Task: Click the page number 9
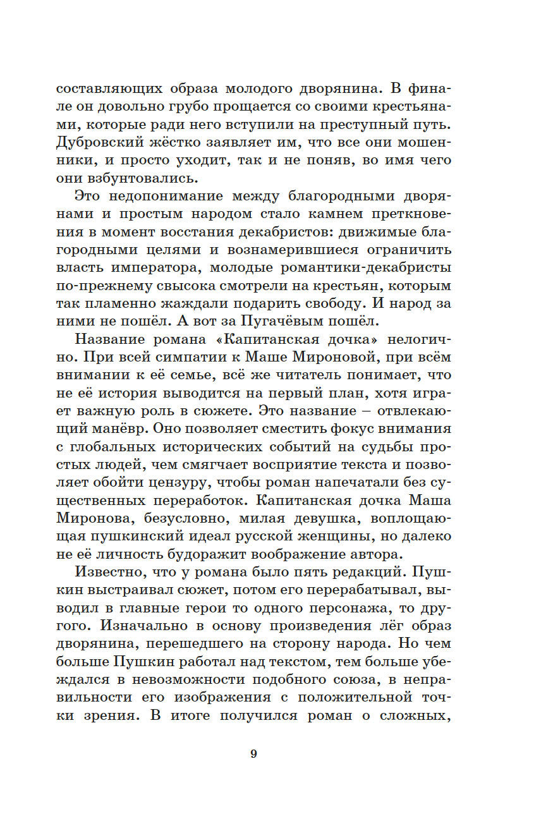pyautogui.click(x=253, y=753)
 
